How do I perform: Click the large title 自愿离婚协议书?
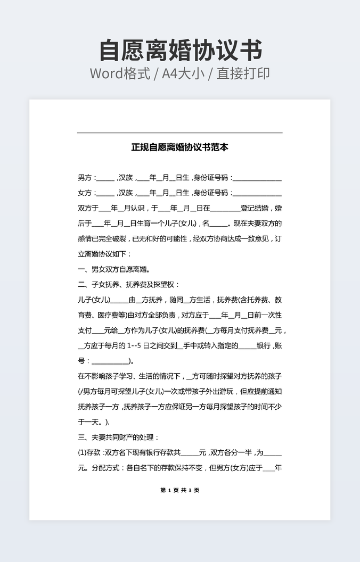click(180, 51)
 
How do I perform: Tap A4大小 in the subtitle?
click(183, 73)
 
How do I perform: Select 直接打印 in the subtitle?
click(243, 73)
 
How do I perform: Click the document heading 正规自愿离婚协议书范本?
click(180, 147)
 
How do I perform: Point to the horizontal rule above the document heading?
click(180, 133)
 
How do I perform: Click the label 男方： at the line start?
click(87, 178)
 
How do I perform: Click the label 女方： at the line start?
click(87, 193)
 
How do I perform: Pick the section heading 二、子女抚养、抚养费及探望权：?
click(129, 285)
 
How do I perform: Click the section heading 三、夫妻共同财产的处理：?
click(118, 437)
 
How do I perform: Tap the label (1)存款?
click(89, 453)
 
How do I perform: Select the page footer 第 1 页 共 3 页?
click(179, 490)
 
